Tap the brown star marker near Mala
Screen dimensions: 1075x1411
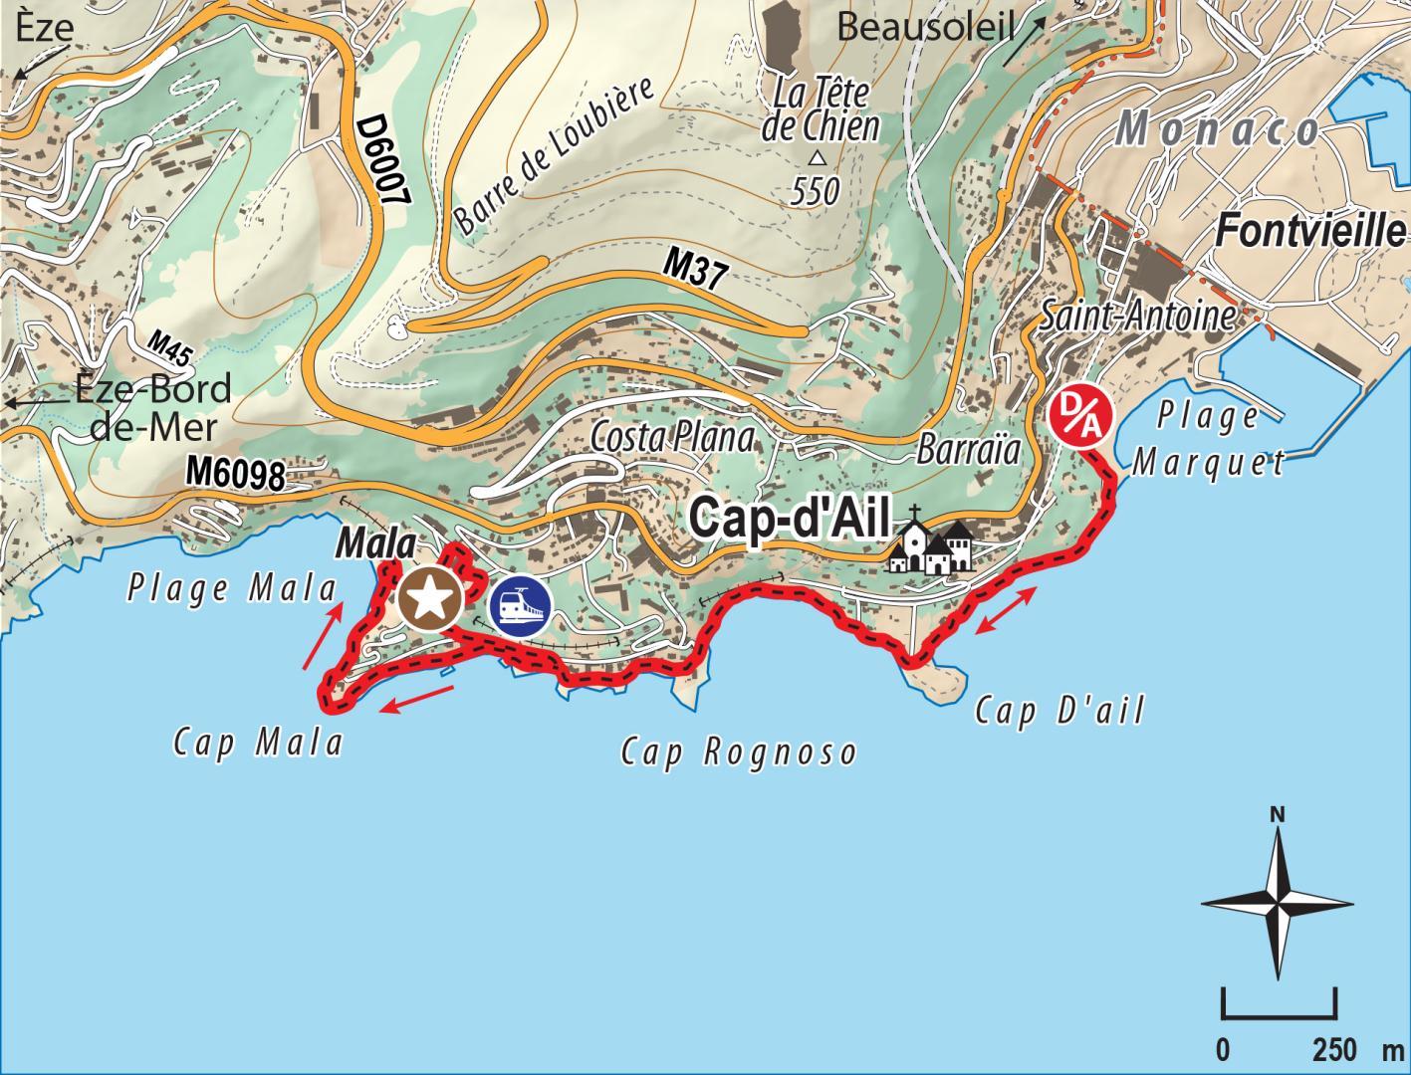tap(430, 599)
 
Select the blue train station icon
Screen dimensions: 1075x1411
tap(520, 607)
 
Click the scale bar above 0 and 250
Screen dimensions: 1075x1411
tap(1279, 1007)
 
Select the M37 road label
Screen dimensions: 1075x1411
tap(696, 271)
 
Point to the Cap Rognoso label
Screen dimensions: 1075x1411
tap(738, 752)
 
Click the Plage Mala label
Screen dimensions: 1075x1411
tap(232, 589)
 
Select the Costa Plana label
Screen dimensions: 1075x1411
tap(672, 437)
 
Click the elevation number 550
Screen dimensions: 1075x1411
tap(816, 191)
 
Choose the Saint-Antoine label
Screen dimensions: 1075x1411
tap(1136, 317)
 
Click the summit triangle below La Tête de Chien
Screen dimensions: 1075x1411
tap(817, 157)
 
